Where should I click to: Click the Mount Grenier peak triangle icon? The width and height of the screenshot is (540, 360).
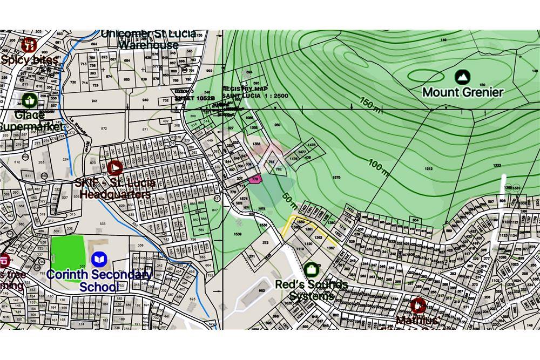pos(462,77)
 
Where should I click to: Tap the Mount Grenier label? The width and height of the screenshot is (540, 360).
pos(463,92)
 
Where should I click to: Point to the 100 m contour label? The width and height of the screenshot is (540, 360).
pos(379,166)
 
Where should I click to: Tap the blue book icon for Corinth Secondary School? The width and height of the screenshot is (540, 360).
pos(98,260)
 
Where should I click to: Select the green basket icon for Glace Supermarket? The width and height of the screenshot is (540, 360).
pos(29,100)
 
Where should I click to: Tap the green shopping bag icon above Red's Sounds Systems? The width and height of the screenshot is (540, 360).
pos(310,269)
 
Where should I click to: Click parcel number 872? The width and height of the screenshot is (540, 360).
pos(104,128)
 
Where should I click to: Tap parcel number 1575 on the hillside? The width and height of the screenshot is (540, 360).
pos(336,178)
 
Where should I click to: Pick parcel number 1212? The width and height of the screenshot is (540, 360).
pos(428,169)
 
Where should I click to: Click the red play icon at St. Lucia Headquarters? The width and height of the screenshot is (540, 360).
pos(114,168)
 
